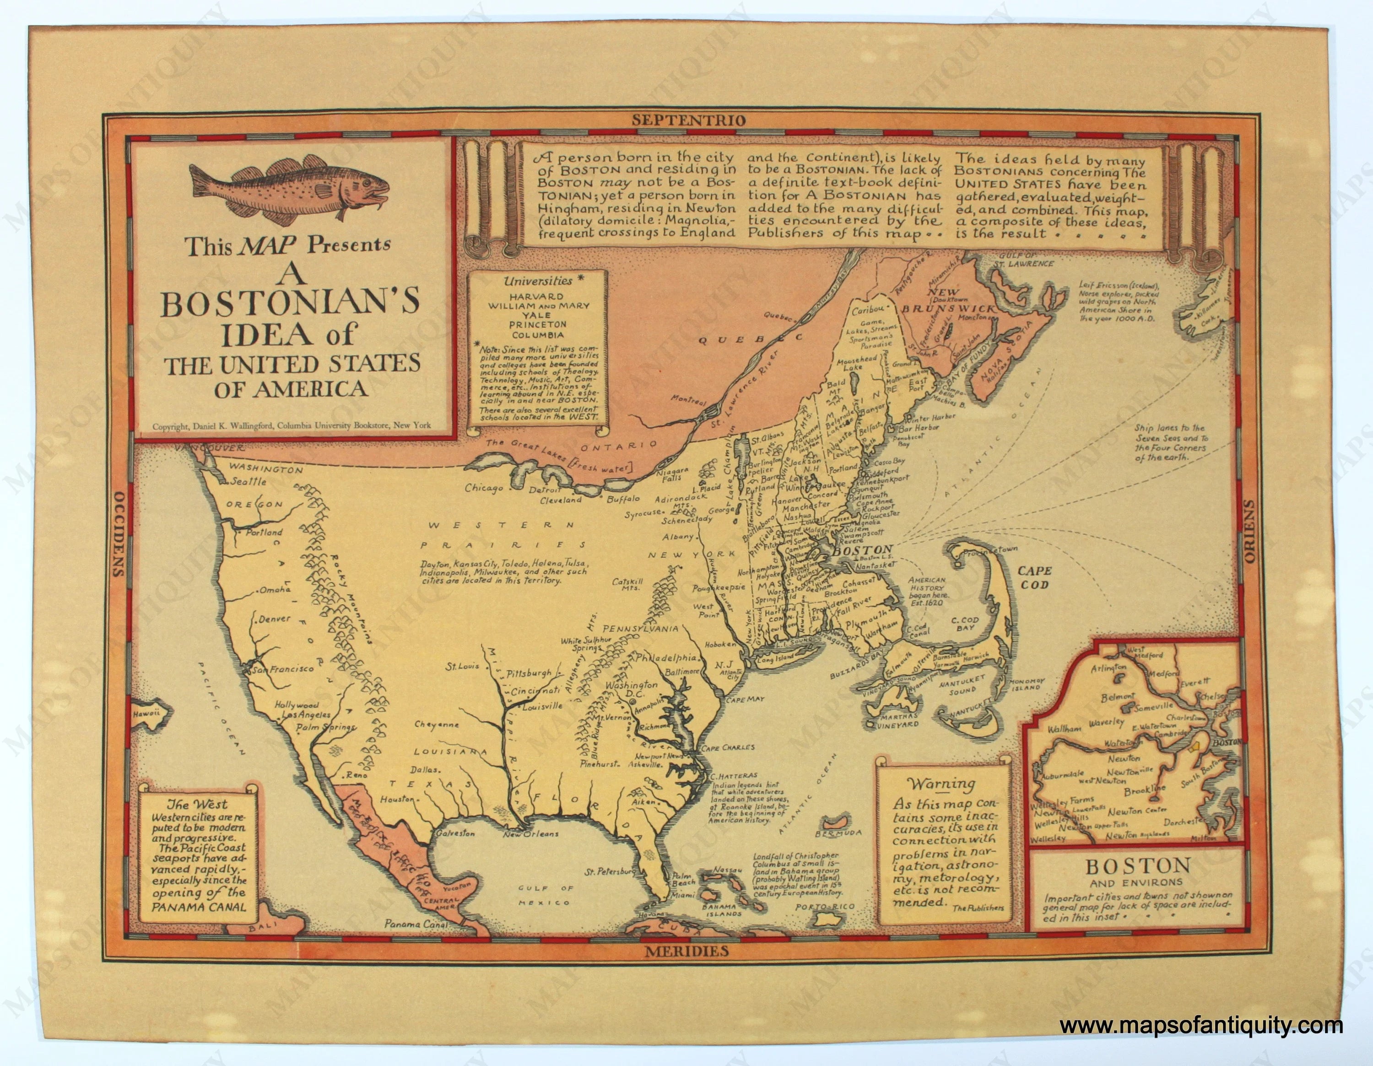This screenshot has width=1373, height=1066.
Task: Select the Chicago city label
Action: tap(484, 489)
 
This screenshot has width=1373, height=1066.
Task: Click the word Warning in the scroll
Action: tap(941, 784)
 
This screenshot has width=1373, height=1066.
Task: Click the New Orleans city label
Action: tap(531, 834)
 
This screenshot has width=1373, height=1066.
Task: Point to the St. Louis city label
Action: tap(463, 666)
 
